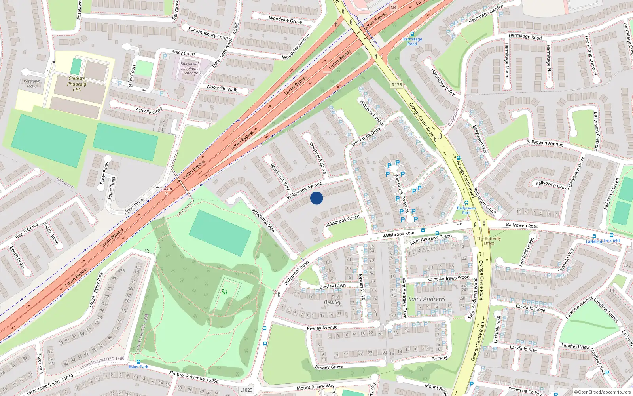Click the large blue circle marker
tap(316, 198)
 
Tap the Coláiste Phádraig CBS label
tap(77, 84)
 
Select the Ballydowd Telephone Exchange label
tap(190, 69)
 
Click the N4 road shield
tap(393, 8)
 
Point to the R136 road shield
tap(396, 85)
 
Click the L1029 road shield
tap(246, 390)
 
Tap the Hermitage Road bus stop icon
tap(412, 34)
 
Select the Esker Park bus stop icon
tap(138, 362)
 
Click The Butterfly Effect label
tap(489, 240)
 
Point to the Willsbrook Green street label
tap(343, 221)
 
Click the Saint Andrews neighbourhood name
tap(427, 299)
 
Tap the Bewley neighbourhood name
tap(332, 302)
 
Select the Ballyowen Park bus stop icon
tap(466, 203)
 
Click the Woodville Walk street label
tap(222, 88)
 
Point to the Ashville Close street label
tap(149, 110)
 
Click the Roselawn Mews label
tap(32, 83)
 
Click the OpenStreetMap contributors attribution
tap(602, 392)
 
